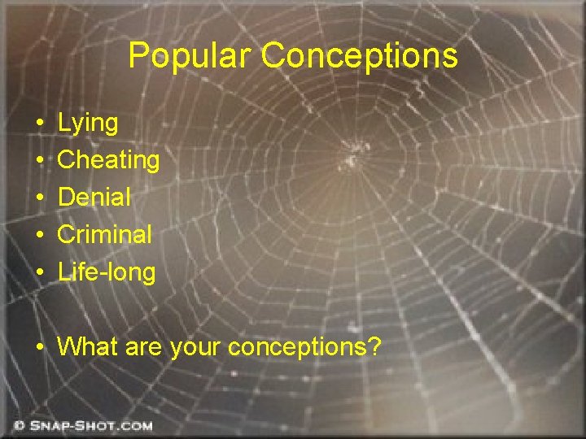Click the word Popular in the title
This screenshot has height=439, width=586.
pyautogui.click(x=190, y=56)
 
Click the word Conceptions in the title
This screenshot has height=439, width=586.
pyautogui.click(x=360, y=56)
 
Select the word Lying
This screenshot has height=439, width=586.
pyautogui.click(x=88, y=124)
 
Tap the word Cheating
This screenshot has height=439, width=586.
pyautogui.click(x=109, y=160)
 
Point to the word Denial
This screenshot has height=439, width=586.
pyautogui.click(x=94, y=197)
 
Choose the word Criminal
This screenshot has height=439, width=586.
pyautogui.click(x=105, y=234)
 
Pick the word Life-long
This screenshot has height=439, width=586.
pyautogui.click(x=107, y=272)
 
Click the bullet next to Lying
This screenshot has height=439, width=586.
pyautogui.click(x=40, y=124)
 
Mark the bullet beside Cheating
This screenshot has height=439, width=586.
pyautogui.click(x=40, y=161)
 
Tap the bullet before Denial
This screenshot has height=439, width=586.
pyautogui.click(x=40, y=198)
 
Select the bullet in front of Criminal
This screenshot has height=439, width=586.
pyautogui.click(x=40, y=235)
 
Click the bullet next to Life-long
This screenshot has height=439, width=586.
pyautogui.click(x=40, y=272)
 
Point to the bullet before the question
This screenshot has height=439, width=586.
pyautogui.click(x=40, y=348)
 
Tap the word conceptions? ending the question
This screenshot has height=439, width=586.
pyautogui.click(x=304, y=348)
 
